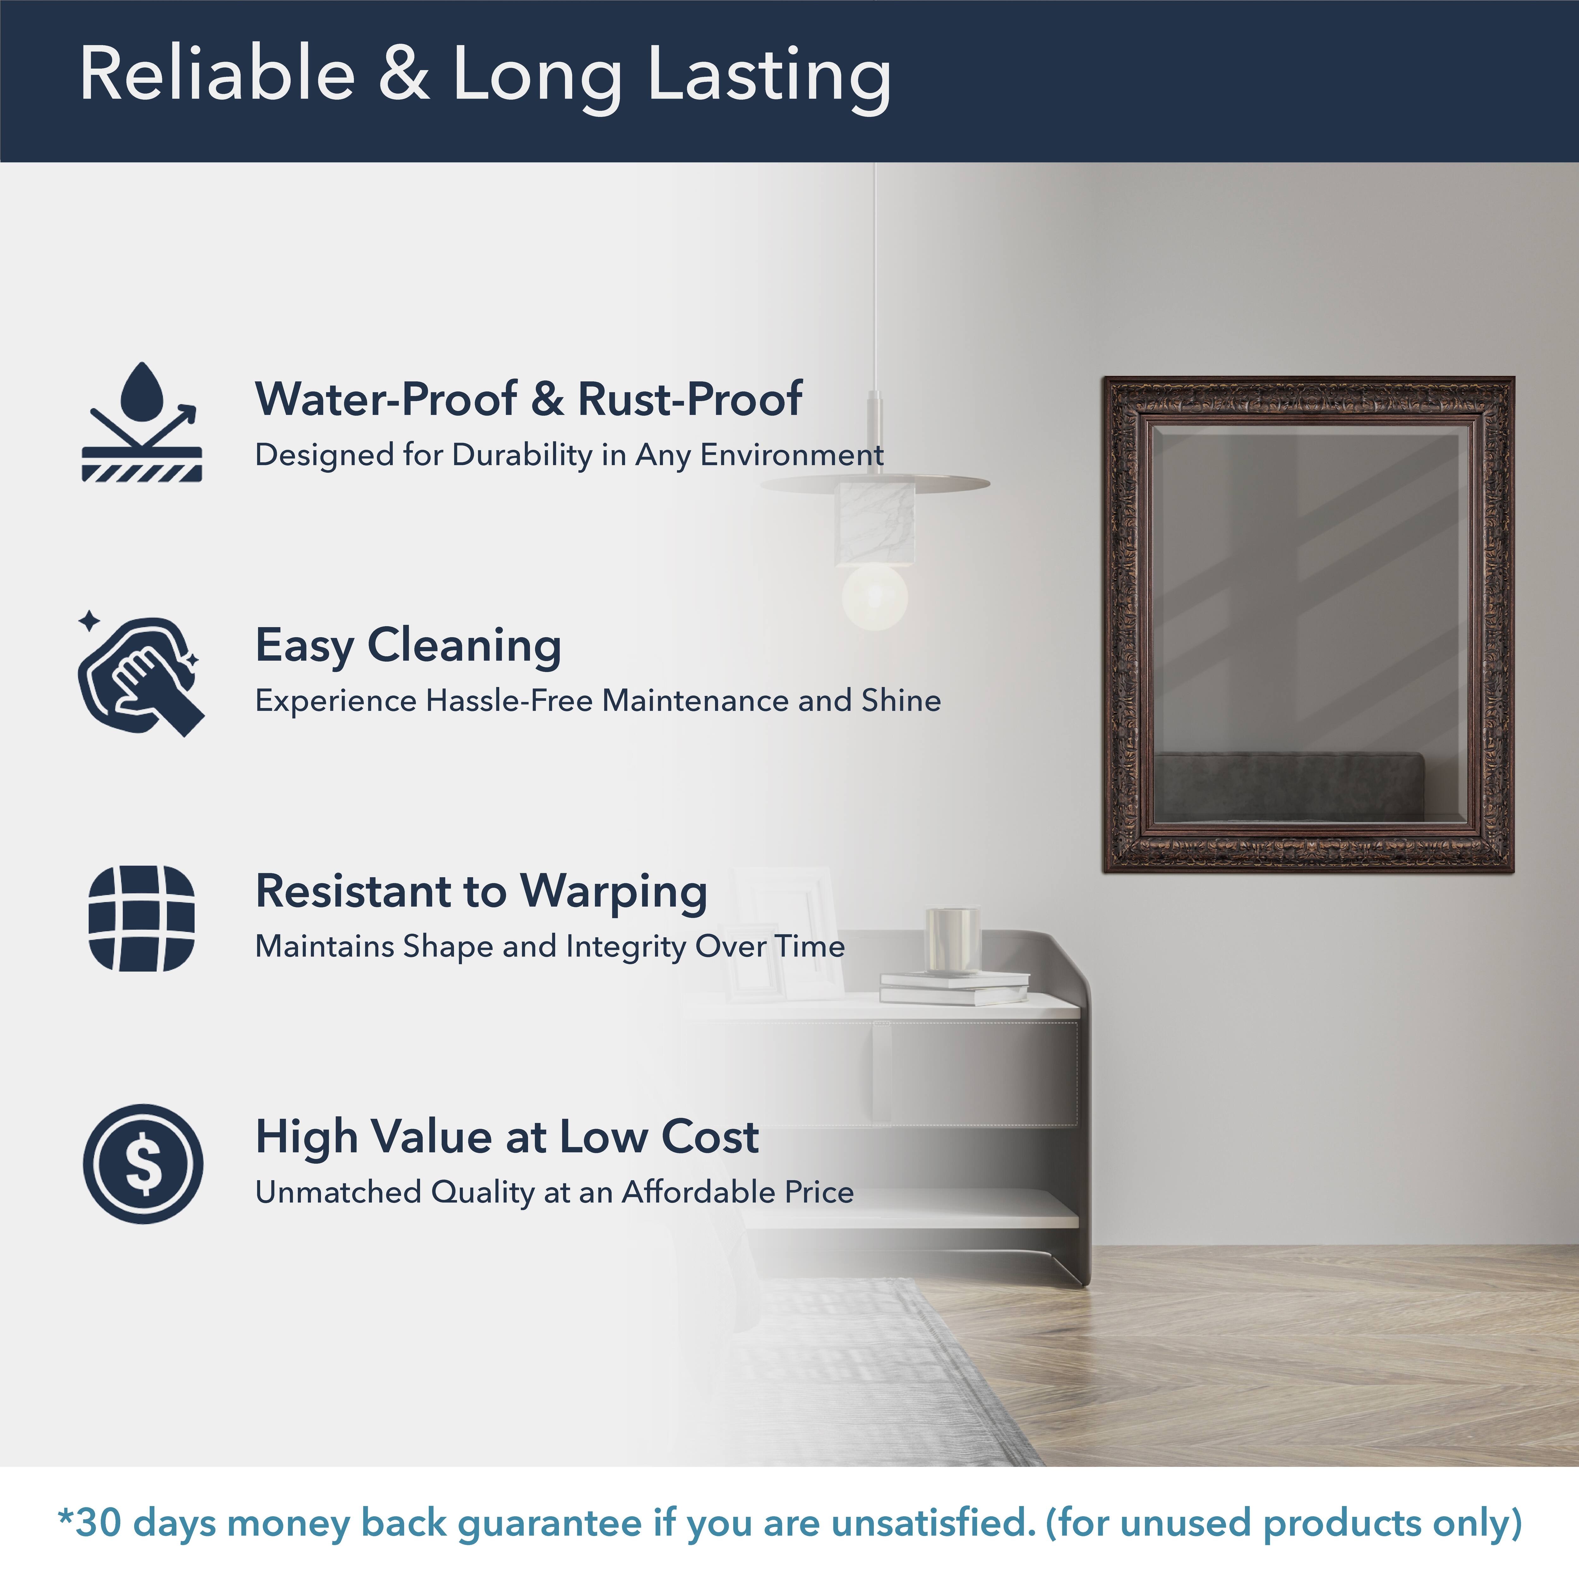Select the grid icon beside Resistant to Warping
click(141, 919)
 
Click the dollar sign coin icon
click(143, 1164)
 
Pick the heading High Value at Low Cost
click(507, 1138)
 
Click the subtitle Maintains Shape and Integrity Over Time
click(550, 946)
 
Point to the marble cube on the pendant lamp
click(874, 523)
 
